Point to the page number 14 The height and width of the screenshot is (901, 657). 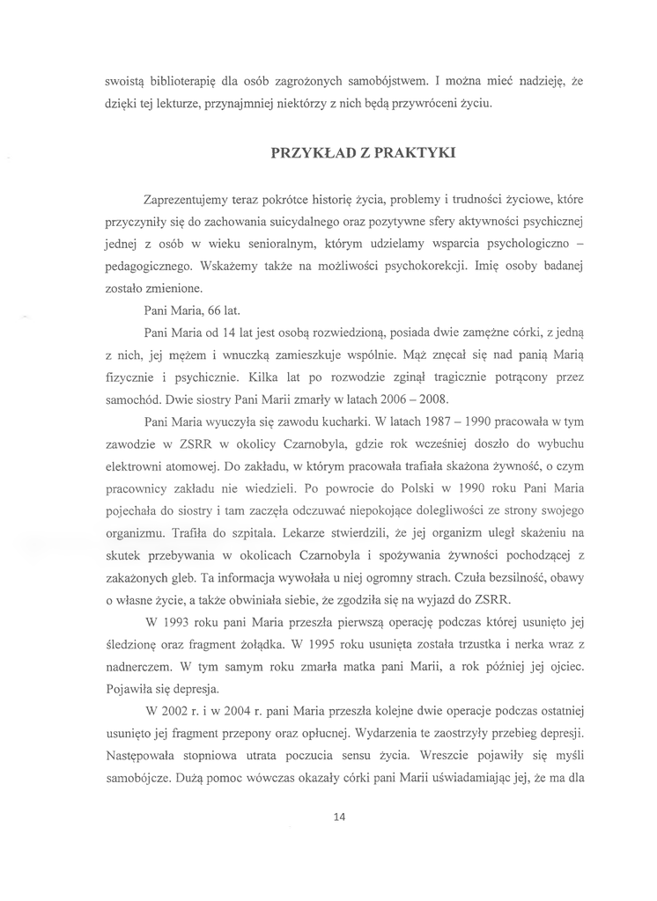point(339,817)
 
